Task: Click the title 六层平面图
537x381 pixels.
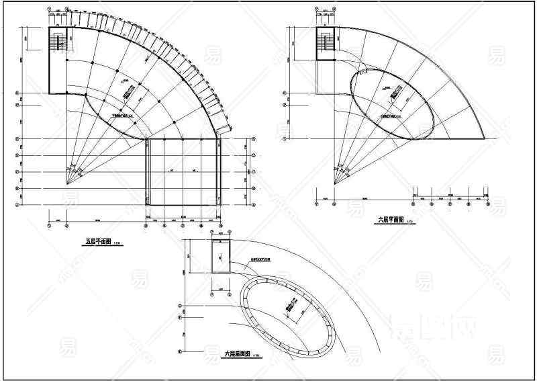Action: tap(391, 219)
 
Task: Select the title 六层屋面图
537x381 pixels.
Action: tap(237, 353)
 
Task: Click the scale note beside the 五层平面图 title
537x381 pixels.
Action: tap(118, 243)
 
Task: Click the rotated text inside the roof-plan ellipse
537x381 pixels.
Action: tap(290, 308)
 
